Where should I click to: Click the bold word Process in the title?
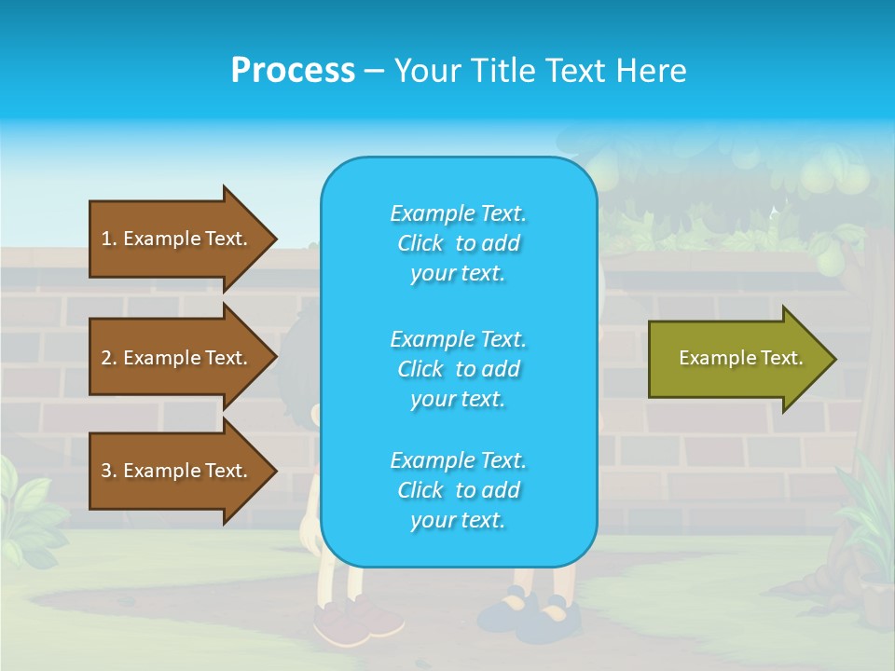pos(293,71)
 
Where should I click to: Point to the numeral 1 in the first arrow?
pos(106,239)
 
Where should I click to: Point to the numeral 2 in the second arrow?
pos(106,358)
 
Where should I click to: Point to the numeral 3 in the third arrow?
pos(106,471)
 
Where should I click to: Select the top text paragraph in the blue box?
pos(458,243)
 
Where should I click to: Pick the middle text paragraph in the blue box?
pos(458,369)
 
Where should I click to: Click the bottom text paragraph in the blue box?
pos(458,490)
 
